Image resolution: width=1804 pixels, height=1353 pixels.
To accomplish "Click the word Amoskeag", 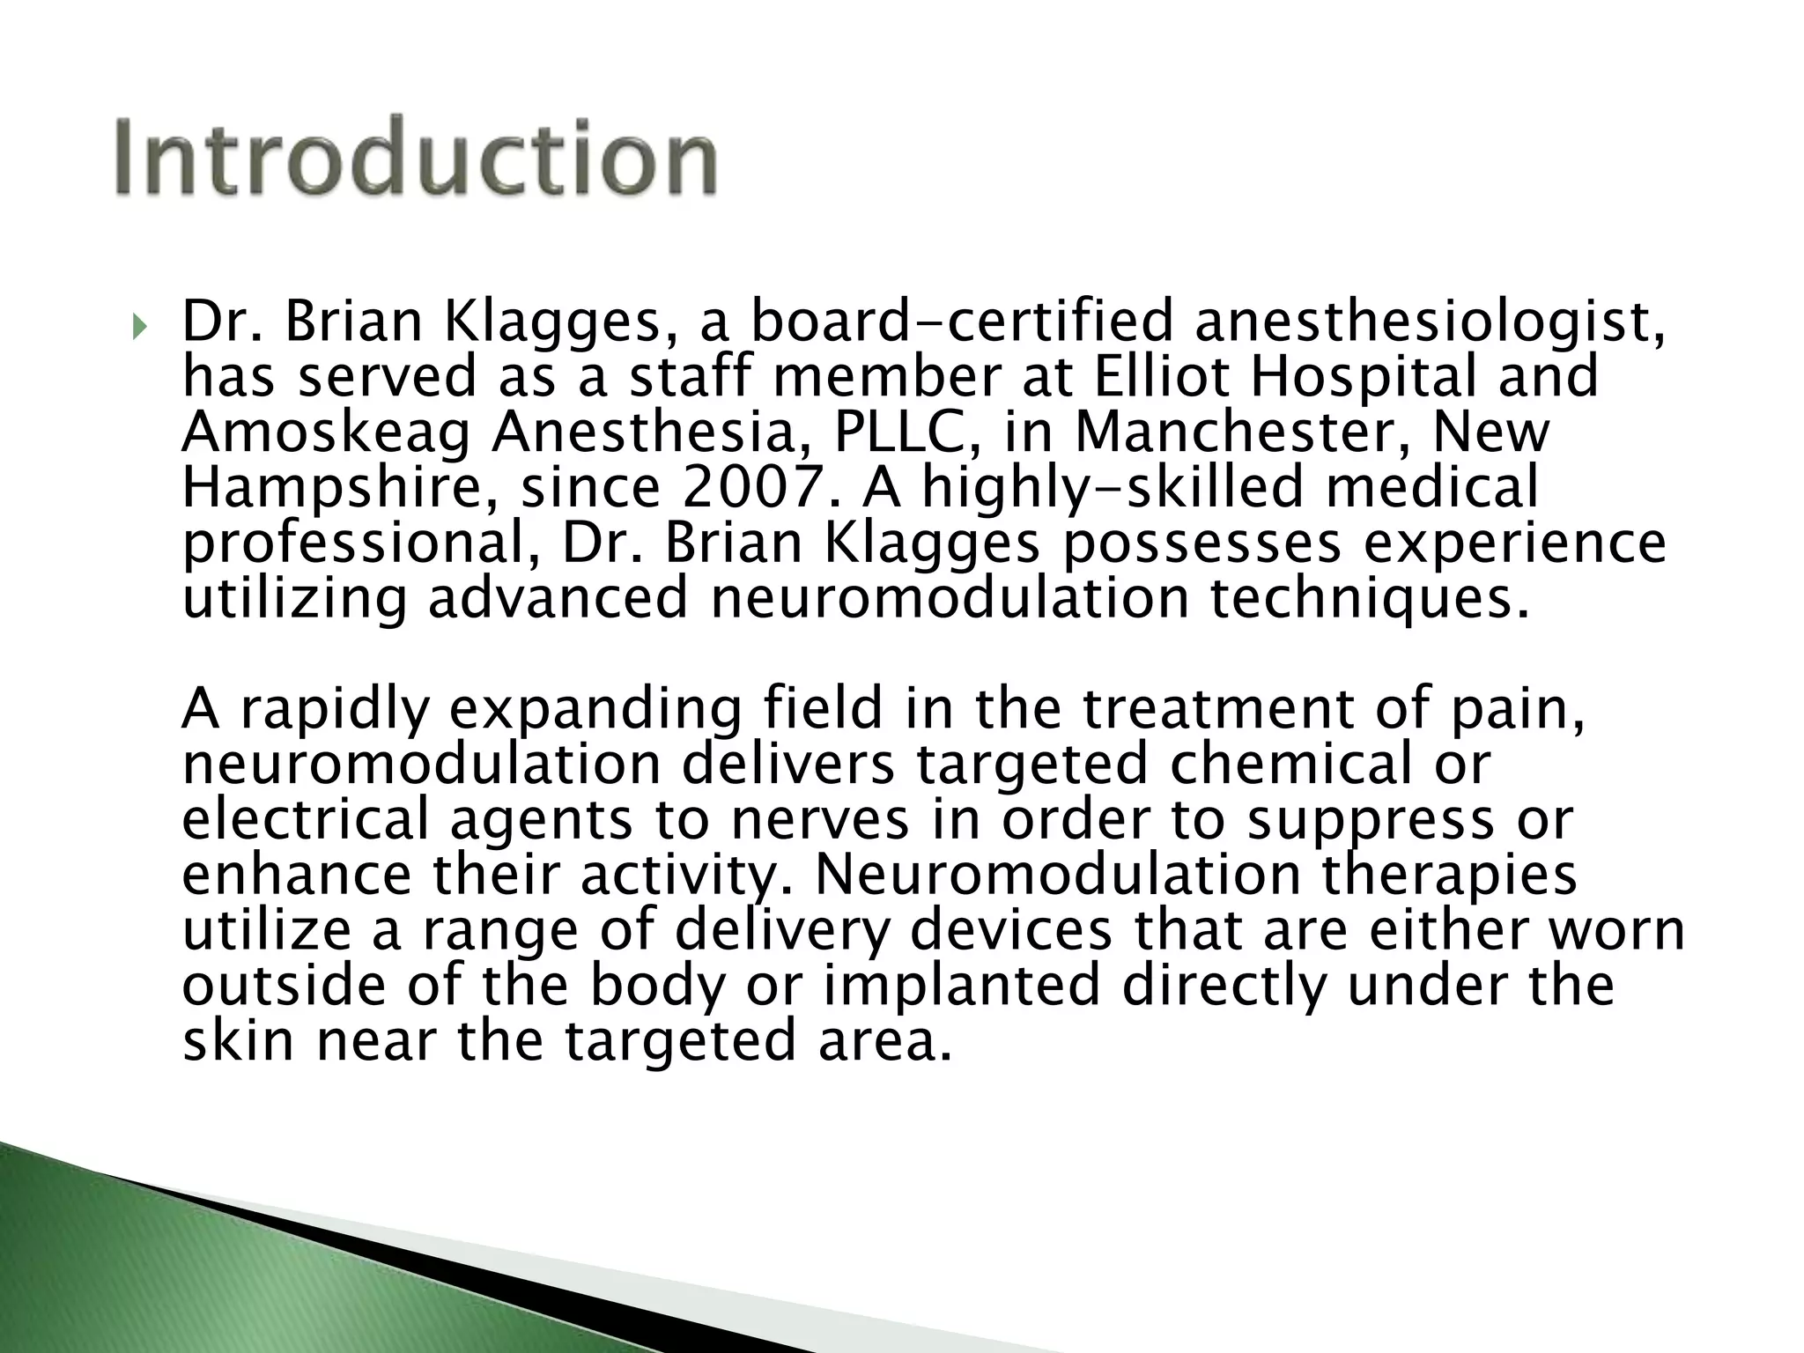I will (x=326, y=433).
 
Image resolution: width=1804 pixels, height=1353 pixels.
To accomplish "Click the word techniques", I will (x=1369, y=599).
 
